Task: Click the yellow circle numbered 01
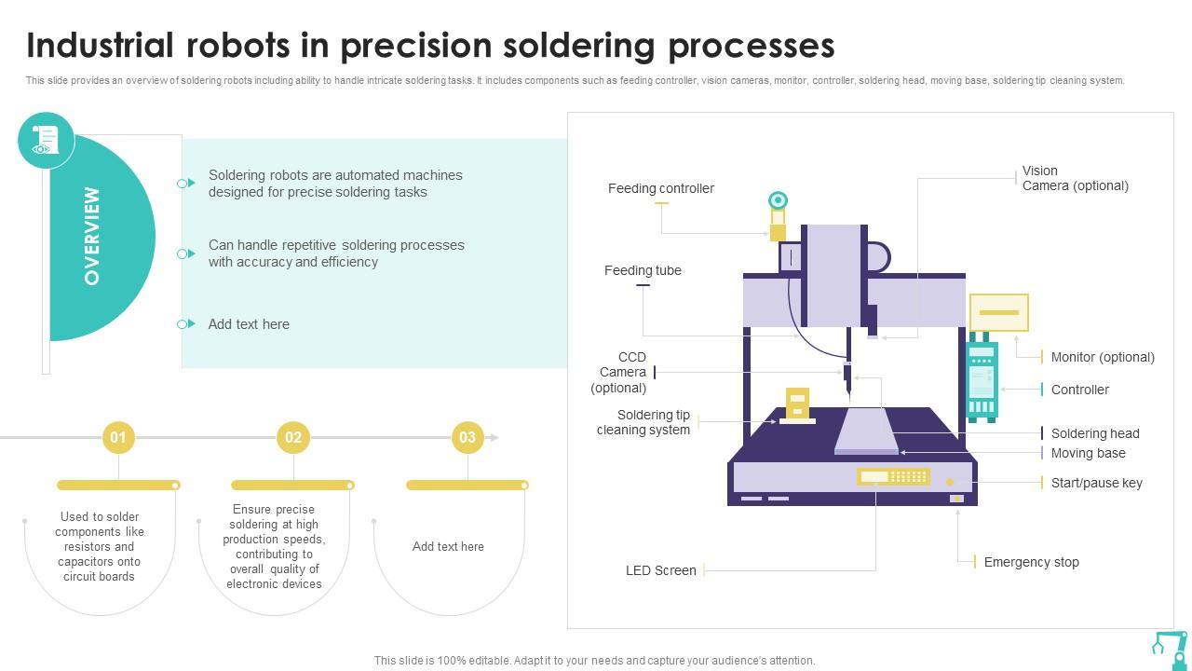point(118,437)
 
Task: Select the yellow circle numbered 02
point(293,437)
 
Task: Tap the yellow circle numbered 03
point(467,437)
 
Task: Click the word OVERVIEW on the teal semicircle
point(91,237)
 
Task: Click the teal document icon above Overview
point(46,140)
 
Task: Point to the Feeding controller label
point(661,188)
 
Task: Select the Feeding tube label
point(643,270)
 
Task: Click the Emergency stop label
point(1031,562)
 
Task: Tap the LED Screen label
point(660,570)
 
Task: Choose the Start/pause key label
point(1096,483)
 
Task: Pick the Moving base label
point(1088,453)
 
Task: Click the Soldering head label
point(1095,433)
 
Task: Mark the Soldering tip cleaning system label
point(643,422)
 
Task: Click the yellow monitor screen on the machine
point(998,313)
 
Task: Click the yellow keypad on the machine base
point(893,477)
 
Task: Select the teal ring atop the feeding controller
point(778,200)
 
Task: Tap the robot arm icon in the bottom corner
point(1169,646)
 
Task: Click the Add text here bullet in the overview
point(249,324)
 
